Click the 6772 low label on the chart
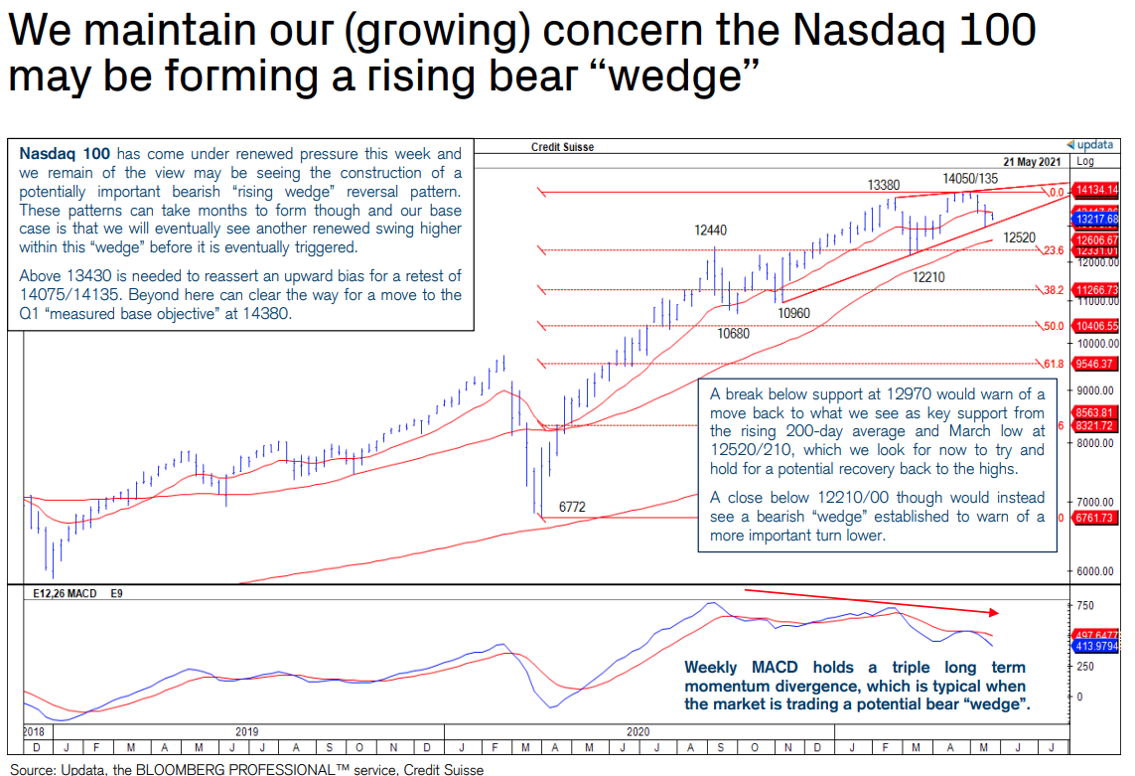(572, 507)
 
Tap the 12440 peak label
(710, 231)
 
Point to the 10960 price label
(793, 313)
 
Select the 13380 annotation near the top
(883, 185)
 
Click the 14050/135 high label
(970, 178)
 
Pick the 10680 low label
(733, 334)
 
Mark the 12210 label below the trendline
(928, 278)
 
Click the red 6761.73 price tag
(1095, 518)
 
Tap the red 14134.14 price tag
(1095, 190)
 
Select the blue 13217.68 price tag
(1095, 219)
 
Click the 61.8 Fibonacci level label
(1054, 364)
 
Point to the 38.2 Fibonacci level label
(1054, 290)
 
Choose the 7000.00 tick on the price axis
(1095, 502)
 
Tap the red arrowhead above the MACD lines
(996, 612)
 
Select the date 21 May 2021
(1032, 161)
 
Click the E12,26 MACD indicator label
(65, 593)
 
